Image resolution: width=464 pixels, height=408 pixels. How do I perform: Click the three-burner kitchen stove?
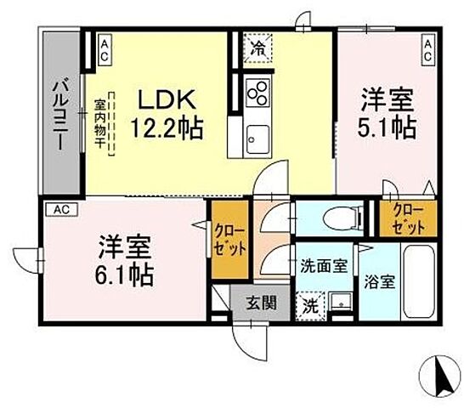[256, 89]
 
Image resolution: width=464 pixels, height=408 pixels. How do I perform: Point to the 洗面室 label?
[323, 266]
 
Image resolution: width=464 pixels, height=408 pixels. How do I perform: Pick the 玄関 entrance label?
[261, 303]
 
